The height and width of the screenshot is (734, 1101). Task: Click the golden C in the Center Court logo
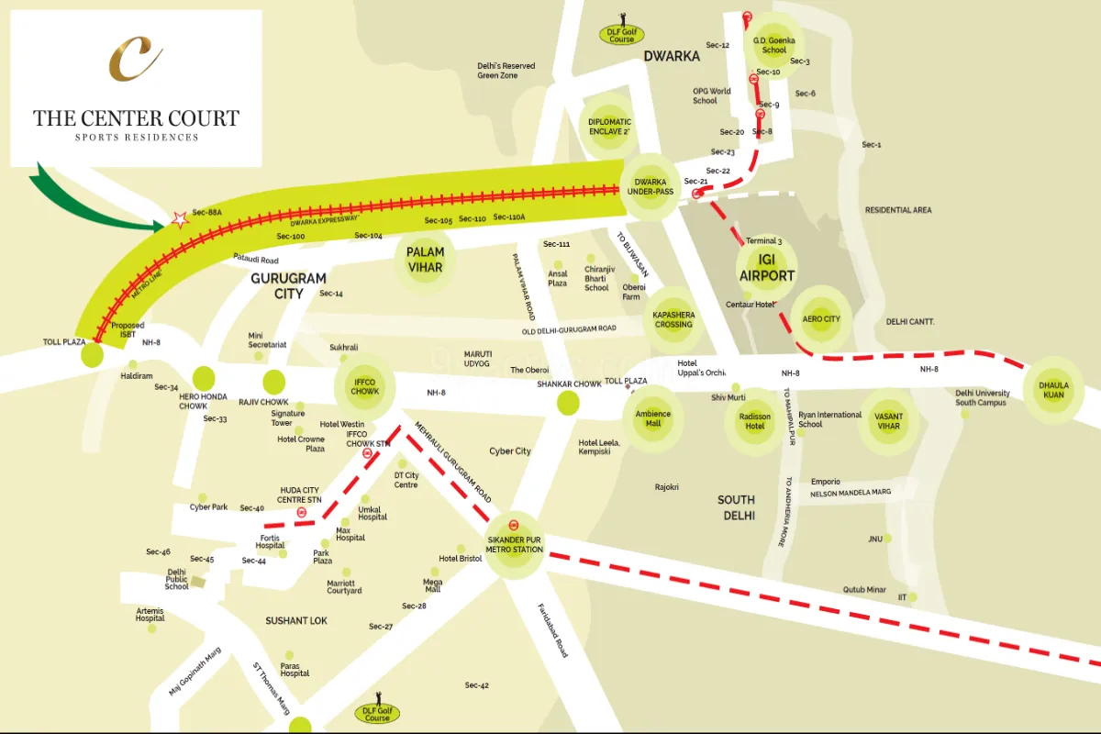[x=136, y=59]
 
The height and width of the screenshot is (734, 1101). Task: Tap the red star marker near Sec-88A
[x=180, y=219]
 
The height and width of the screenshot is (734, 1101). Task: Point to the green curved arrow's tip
[x=163, y=224]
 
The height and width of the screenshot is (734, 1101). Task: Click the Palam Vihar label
[x=425, y=260]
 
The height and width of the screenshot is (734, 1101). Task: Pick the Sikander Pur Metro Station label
[x=515, y=544]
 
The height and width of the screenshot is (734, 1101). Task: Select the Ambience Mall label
[x=653, y=418]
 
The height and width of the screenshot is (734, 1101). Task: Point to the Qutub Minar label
[x=864, y=589]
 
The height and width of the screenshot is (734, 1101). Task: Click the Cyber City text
[x=510, y=451]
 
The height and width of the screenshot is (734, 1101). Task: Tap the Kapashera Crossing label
[x=673, y=319]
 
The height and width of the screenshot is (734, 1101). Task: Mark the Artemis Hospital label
[x=150, y=615]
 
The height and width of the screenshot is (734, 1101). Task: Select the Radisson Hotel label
[x=755, y=420]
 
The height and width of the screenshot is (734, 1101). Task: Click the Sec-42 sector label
[x=477, y=685]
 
